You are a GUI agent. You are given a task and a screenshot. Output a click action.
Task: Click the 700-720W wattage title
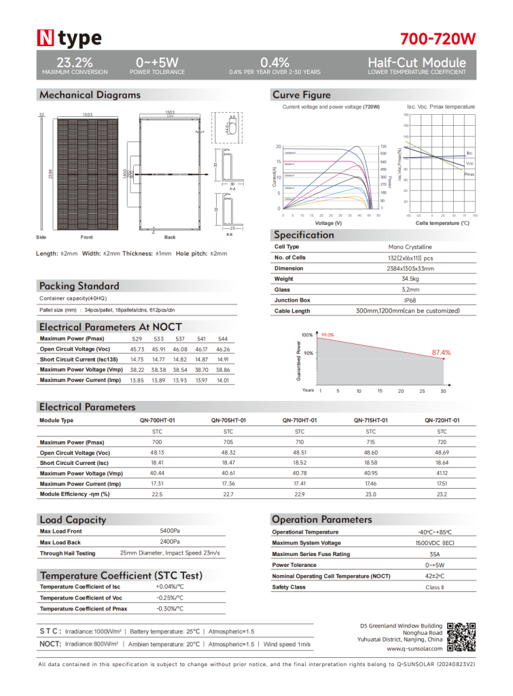(x=438, y=37)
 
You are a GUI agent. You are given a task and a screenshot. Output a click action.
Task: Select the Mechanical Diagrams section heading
(x=90, y=94)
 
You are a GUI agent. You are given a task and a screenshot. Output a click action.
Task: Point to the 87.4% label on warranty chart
(x=441, y=353)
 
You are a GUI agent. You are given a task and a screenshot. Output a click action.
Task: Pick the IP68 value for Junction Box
(x=409, y=300)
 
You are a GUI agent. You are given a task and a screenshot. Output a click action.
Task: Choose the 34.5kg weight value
(x=409, y=279)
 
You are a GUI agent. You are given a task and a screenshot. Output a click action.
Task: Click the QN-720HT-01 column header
(x=442, y=421)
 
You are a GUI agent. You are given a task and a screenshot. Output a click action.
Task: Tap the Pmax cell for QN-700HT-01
(x=158, y=442)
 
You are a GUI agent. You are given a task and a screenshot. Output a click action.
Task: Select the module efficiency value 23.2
(x=442, y=494)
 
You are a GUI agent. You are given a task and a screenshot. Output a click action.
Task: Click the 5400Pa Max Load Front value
(x=170, y=530)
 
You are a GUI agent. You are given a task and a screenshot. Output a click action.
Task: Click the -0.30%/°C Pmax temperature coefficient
(x=170, y=608)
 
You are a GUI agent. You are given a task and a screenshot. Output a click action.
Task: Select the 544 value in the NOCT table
(x=223, y=338)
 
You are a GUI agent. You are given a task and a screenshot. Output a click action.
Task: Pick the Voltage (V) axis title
(x=328, y=224)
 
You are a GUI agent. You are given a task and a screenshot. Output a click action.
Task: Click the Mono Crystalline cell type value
(x=409, y=247)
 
